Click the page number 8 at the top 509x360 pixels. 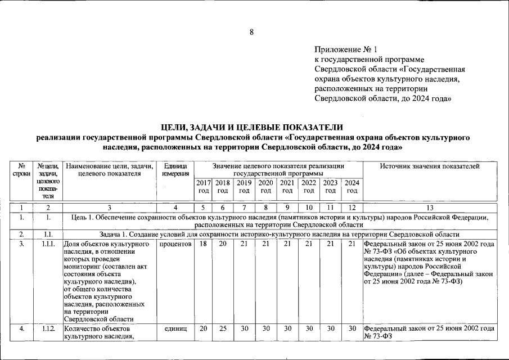251,32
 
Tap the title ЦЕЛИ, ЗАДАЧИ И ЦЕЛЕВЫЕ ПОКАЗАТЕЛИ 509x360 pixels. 251,127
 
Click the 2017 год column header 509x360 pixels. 203,187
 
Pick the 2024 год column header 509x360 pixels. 352,187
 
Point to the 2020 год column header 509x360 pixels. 265,187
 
